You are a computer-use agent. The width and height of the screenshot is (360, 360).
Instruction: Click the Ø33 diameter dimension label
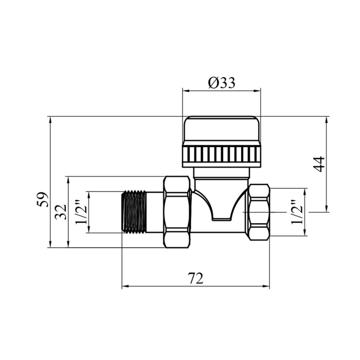(x=222, y=83)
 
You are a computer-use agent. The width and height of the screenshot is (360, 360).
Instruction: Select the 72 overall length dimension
(x=195, y=278)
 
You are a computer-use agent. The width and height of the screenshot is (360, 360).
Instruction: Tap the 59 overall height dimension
(x=43, y=200)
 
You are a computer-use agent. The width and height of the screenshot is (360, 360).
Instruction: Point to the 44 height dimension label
(x=319, y=164)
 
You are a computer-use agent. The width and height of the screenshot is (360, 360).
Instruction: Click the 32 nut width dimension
(x=61, y=211)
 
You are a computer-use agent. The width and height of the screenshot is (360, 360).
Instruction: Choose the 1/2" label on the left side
(x=81, y=212)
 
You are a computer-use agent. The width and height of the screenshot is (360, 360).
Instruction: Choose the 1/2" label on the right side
(x=297, y=212)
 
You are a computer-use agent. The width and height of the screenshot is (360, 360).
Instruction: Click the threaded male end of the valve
(x=134, y=212)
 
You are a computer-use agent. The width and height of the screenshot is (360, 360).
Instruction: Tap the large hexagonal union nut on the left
(x=177, y=212)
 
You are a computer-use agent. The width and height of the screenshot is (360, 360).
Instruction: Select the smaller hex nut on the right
(x=259, y=212)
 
